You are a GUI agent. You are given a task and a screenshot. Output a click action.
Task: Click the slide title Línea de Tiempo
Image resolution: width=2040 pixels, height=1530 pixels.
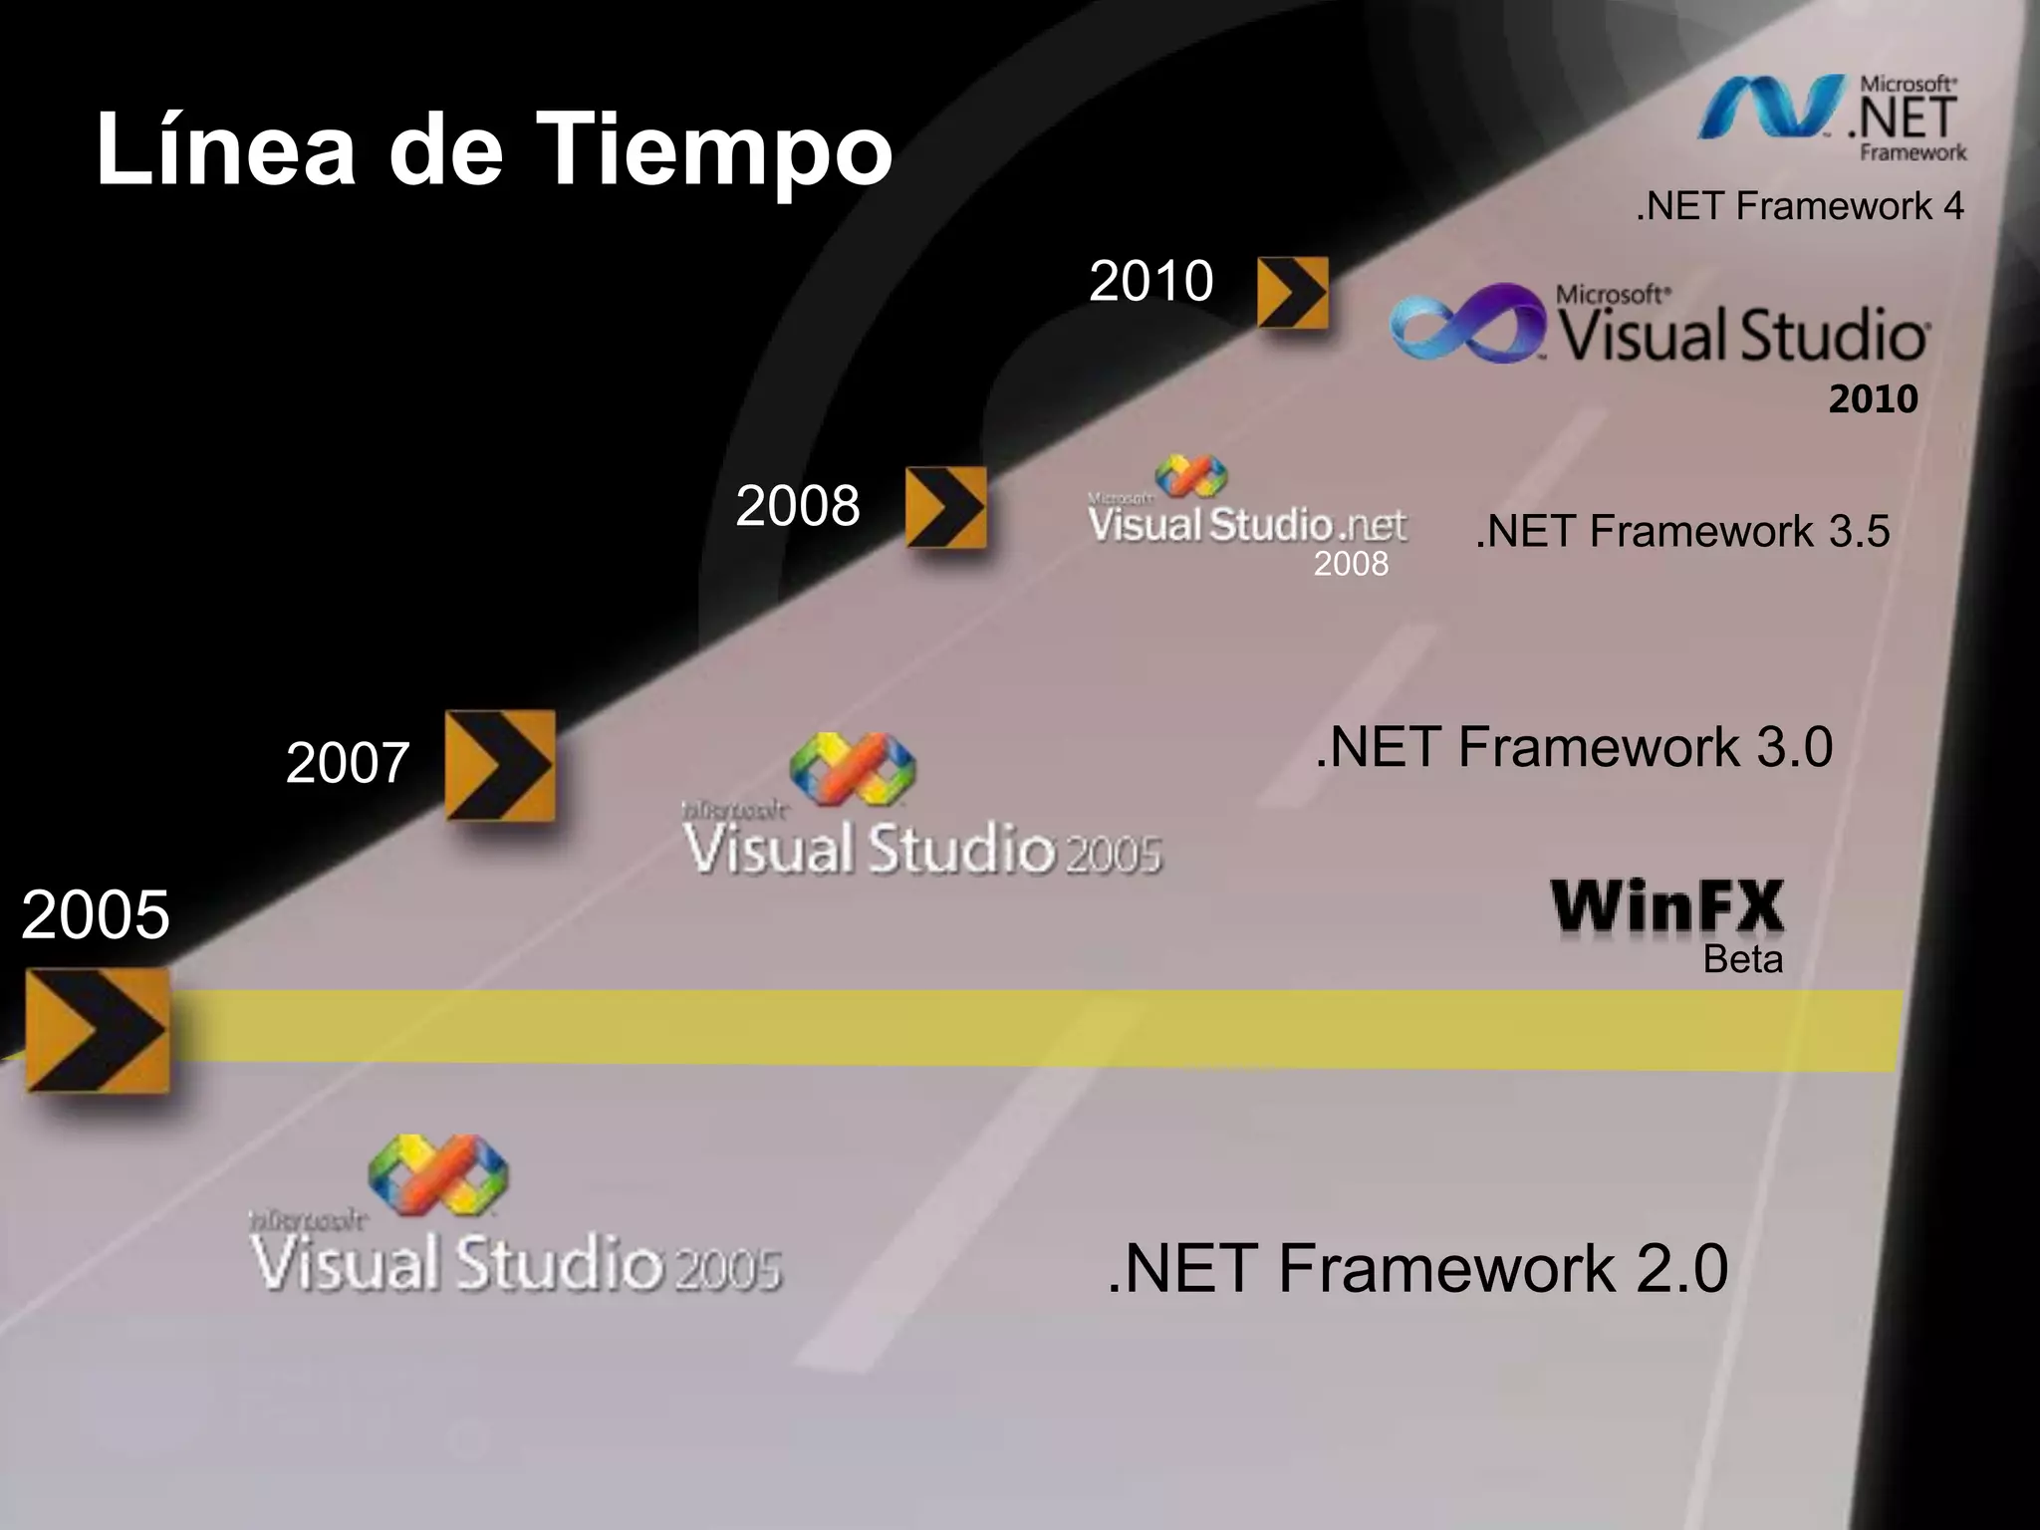tap(494, 149)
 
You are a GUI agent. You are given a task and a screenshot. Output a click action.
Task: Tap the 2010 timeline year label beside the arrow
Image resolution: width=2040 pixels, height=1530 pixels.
tap(1150, 281)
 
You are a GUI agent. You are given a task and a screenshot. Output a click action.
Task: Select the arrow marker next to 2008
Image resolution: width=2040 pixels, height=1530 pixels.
tap(945, 507)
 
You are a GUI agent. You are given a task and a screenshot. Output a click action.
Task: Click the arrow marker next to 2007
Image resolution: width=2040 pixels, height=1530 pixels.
tap(499, 765)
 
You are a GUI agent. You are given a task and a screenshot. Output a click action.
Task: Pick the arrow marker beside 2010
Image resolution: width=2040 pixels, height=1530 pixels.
tap(1292, 292)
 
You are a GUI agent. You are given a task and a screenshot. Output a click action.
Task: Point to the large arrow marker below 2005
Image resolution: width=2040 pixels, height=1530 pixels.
tap(97, 1030)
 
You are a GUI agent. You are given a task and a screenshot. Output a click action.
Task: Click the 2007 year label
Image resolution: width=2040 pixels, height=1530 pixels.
tap(347, 763)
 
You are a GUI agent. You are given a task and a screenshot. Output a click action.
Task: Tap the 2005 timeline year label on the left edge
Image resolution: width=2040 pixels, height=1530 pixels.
tap(95, 914)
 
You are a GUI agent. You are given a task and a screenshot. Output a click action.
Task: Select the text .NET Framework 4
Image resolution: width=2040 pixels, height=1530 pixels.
tap(1799, 206)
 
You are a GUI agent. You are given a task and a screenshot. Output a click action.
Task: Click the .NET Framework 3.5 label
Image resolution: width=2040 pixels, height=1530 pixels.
tap(1681, 531)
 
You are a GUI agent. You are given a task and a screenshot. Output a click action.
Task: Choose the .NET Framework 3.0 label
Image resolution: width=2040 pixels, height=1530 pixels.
tap(1573, 747)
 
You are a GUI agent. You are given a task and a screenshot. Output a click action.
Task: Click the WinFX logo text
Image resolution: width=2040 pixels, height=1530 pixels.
tap(1666, 907)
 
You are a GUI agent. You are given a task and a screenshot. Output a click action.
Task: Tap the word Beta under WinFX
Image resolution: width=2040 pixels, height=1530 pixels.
tap(1742, 959)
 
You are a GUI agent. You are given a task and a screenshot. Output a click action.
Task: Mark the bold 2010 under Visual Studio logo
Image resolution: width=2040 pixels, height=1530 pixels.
tap(1873, 399)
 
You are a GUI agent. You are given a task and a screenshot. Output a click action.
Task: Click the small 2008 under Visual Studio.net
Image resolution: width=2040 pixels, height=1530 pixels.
tap(1350, 564)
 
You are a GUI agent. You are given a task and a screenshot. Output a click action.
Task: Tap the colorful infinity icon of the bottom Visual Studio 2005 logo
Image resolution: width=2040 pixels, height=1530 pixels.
tap(437, 1175)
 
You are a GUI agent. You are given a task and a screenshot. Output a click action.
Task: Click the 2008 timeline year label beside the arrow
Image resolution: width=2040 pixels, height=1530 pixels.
tap(797, 506)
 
